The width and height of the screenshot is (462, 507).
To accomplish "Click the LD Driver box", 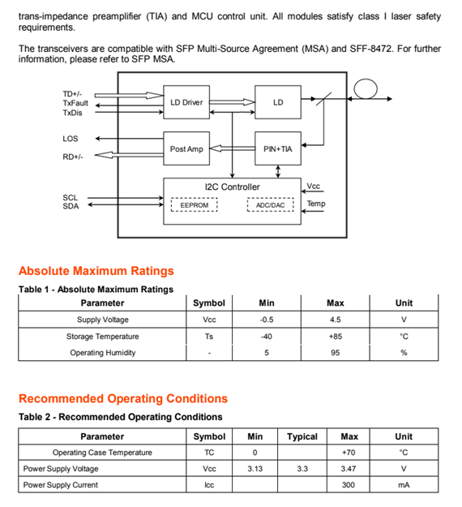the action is click(186, 102).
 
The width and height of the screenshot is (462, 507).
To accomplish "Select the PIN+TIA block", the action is click(278, 148).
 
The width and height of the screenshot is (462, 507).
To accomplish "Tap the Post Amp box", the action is click(186, 148).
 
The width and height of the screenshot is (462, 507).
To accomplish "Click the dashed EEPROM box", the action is click(195, 205).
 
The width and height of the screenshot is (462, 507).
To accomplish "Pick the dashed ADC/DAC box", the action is click(271, 205).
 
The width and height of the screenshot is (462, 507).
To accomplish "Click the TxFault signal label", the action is click(75, 103).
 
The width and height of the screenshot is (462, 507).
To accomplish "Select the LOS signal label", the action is click(70, 139).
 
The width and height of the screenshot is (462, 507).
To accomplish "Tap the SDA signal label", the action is click(71, 206).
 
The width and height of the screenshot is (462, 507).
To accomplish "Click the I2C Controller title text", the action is click(232, 187).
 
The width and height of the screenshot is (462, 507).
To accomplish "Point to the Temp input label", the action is click(316, 204).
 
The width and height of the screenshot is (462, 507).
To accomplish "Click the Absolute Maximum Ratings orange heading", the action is click(96, 271).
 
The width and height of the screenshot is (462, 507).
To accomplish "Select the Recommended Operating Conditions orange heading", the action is click(123, 398).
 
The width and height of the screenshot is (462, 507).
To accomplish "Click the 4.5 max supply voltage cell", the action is click(335, 320).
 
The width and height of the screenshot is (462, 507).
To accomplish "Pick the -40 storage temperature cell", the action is click(266, 337).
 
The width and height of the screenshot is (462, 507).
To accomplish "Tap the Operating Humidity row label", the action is click(103, 352).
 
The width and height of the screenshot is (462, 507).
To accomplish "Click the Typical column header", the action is click(302, 436).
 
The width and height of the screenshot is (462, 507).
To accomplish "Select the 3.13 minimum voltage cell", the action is click(255, 469).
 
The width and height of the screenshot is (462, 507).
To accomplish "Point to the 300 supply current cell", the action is click(349, 484).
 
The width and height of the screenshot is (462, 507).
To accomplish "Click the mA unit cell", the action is click(404, 485).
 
